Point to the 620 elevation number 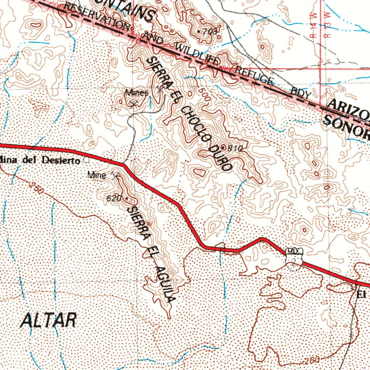[113, 198]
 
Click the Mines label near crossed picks [137, 93]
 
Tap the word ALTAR [48, 320]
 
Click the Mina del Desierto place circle [86, 159]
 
